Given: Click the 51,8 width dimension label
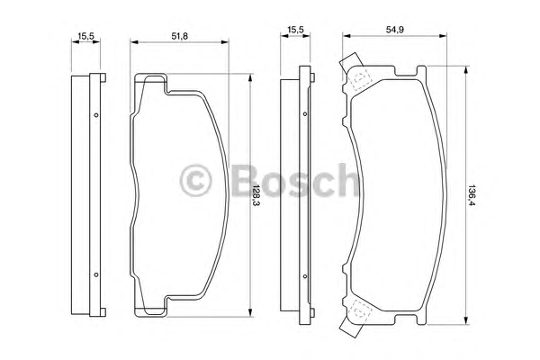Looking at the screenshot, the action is (179, 35).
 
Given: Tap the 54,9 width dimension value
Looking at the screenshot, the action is (394, 29).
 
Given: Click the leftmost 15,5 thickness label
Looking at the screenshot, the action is (85, 35).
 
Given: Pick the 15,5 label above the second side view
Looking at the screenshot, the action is (295, 30).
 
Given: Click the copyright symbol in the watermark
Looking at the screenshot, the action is (195, 181).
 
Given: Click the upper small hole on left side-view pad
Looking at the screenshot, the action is (96, 115).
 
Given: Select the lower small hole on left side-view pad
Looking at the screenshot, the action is (96, 274).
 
